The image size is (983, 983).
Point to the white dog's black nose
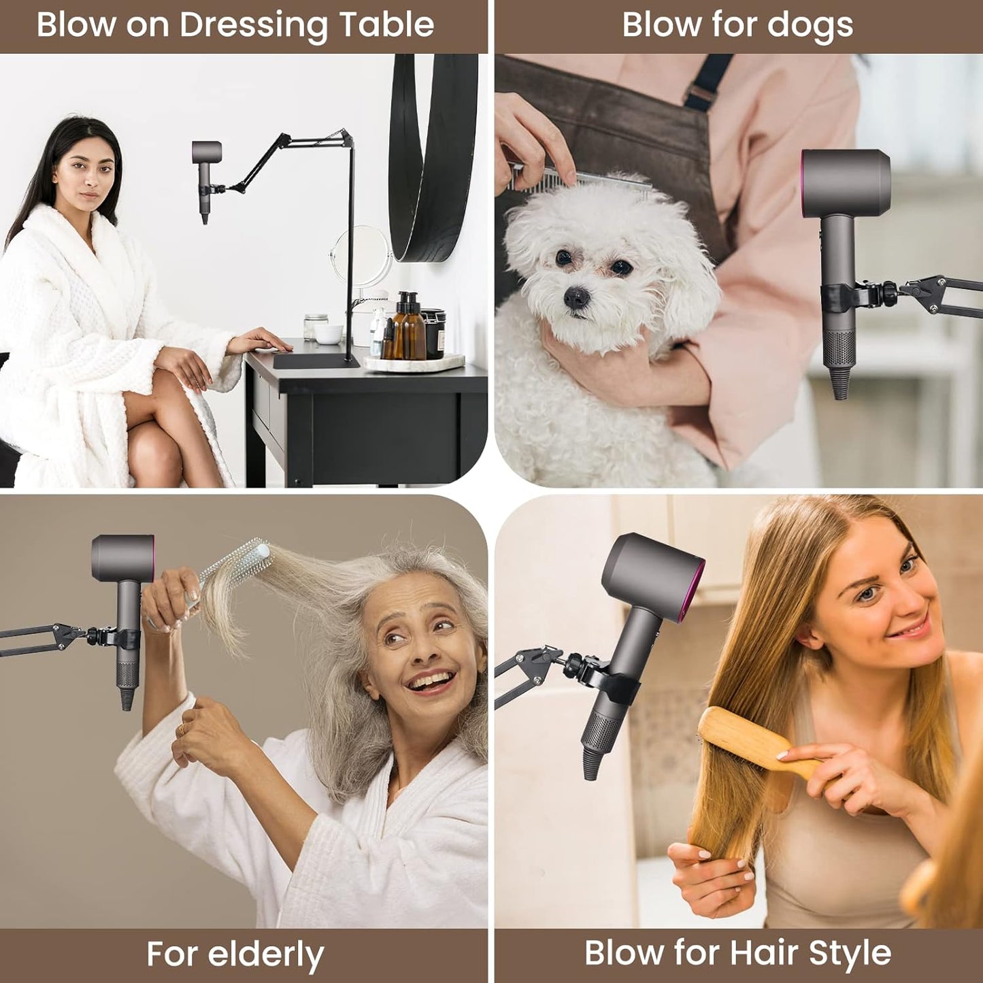pyautogui.click(x=576, y=297)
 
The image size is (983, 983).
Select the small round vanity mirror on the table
pyautogui.click(x=361, y=255)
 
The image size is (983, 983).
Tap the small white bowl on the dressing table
pyautogui.click(x=328, y=334)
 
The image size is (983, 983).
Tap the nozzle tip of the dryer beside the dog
pyautogui.click(x=840, y=391)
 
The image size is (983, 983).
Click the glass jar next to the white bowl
pyautogui.click(x=315, y=327)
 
